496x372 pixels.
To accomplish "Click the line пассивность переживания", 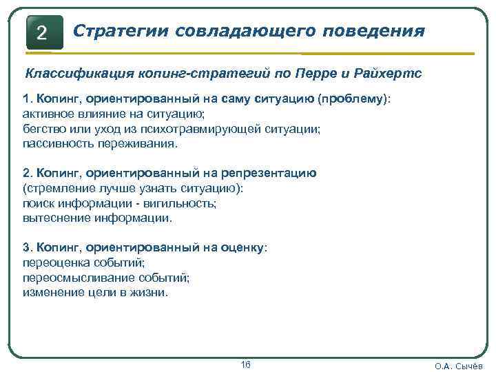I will (100, 143).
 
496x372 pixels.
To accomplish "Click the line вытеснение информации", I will (97, 218).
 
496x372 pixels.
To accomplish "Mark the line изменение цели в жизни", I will (94, 292).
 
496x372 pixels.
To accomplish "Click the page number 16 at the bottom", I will (246, 364).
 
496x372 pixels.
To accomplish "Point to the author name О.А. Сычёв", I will (459, 366).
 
